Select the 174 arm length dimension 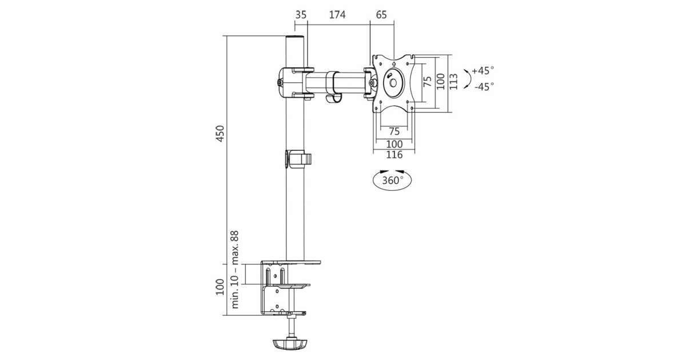tap(337, 15)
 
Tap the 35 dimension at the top tap(301, 15)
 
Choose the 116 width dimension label tap(394, 155)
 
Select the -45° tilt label tap(484, 86)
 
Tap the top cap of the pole tap(294, 39)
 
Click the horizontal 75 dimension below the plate tap(394, 130)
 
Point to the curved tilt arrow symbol tap(467, 79)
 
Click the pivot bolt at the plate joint tap(372, 83)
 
